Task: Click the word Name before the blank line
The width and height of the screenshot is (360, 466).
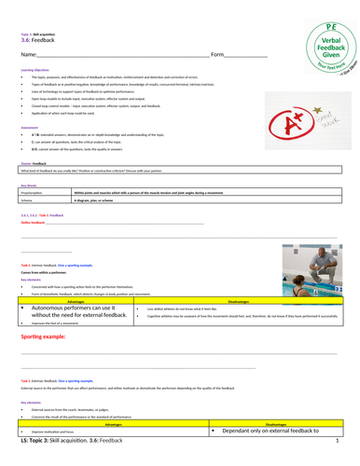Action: click(x=30, y=56)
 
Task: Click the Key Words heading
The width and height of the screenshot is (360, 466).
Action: click(x=29, y=185)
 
